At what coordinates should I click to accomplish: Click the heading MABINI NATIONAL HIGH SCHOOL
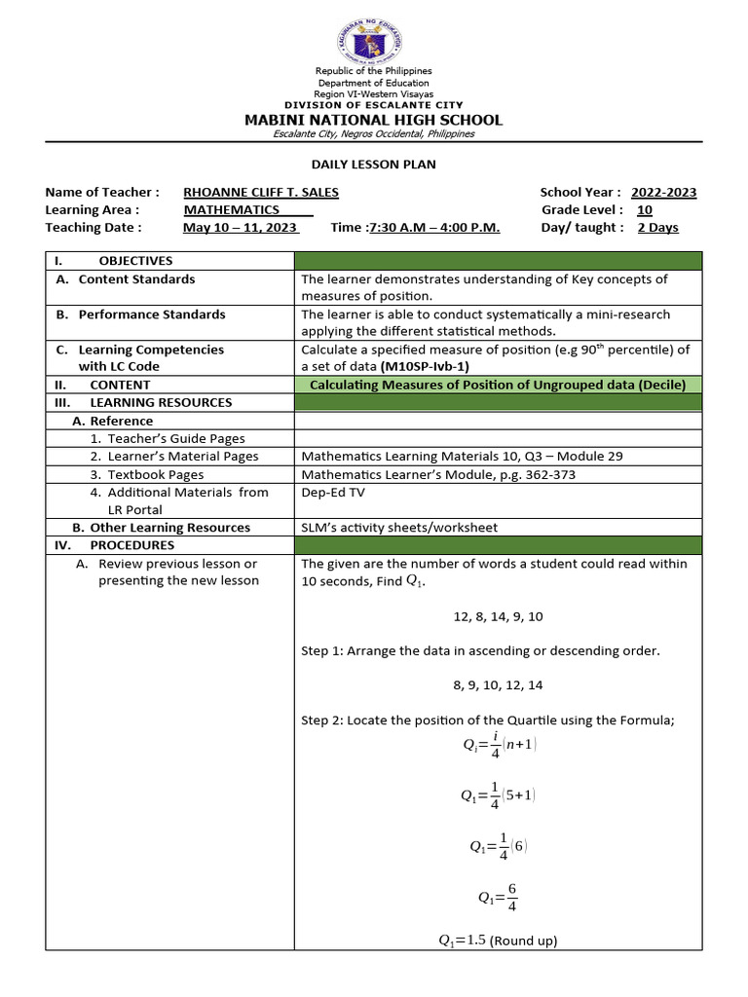[374, 120]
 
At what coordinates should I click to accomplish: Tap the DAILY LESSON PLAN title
[374, 165]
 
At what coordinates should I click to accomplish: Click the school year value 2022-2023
[663, 193]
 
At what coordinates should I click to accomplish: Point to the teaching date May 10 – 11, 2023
[241, 228]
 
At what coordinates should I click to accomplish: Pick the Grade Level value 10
[645, 210]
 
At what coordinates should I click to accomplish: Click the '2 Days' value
[657, 228]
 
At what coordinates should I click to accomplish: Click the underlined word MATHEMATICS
[232, 210]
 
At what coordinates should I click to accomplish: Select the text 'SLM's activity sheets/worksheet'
[399, 528]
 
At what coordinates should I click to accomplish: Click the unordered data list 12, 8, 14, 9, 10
[498, 617]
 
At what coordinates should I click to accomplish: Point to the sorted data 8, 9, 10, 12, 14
[498, 685]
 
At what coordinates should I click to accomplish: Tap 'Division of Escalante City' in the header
[374, 105]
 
